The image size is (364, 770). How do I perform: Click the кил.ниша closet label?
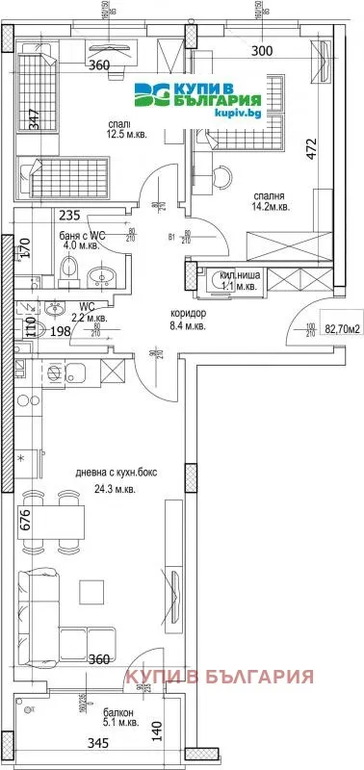point(235,273)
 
